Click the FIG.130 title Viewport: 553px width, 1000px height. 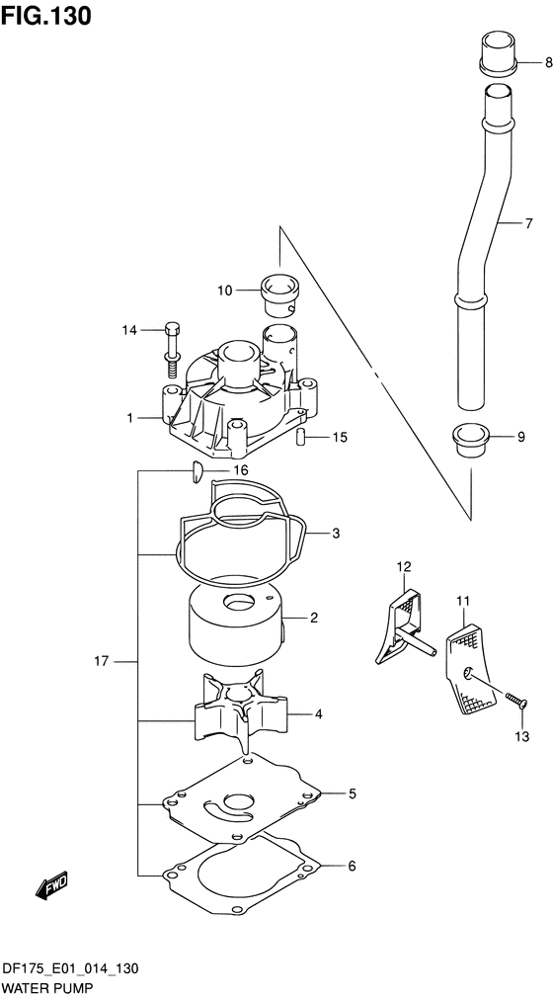click(x=45, y=15)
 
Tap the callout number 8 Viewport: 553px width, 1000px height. click(x=548, y=62)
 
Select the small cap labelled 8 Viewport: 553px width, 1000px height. click(x=499, y=51)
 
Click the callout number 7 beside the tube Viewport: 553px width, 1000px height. click(x=528, y=223)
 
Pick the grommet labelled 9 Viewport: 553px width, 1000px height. click(x=470, y=440)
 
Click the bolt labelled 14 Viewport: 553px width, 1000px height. click(x=173, y=351)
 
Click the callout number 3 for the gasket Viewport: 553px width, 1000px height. click(x=336, y=534)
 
